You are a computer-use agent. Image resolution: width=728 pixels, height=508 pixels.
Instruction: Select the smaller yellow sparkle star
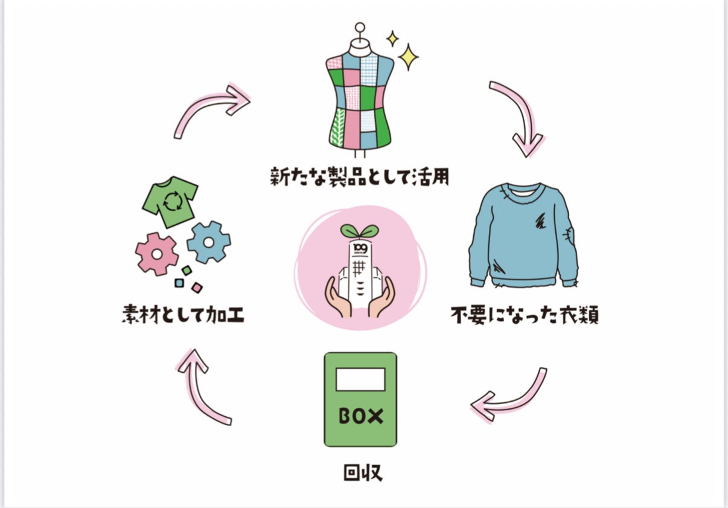pyautogui.click(x=392, y=39)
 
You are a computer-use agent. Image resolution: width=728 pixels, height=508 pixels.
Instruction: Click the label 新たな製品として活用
pyautogui.click(x=360, y=177)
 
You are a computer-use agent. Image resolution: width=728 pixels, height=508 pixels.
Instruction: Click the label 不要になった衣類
pyautogui.click(x=524, y=315)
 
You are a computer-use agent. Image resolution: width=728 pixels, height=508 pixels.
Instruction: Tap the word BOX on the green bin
pyautogui.click(x=360, y=416)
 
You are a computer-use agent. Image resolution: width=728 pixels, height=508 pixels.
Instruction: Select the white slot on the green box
pyautogui.click(x=360, y=379)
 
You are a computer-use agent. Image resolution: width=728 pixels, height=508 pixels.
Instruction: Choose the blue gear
pyautogui.click(x=208, y=242)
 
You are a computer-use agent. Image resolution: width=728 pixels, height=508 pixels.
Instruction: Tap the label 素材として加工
pyautogui.click(x=182, y=315)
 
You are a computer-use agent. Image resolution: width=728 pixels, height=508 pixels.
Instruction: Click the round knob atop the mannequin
pyautogui.click(x=360, y=27)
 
